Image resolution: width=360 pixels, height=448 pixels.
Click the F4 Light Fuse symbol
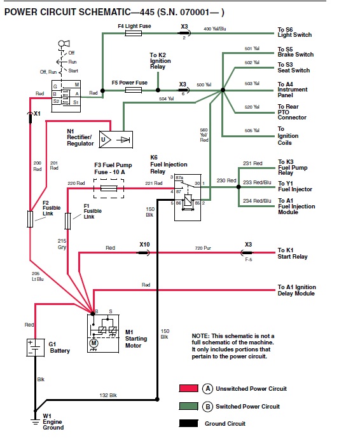pos(134,33)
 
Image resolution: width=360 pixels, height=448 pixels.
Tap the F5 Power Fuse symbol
pos(134,90)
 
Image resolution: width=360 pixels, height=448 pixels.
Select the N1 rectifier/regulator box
pos(116,139)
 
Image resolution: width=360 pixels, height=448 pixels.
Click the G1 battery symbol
pos(36,348)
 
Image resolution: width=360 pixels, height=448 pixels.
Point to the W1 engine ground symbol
pos(35,421)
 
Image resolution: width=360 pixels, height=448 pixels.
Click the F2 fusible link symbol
pos(30,219)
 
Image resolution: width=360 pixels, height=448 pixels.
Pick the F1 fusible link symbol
pos(68,221)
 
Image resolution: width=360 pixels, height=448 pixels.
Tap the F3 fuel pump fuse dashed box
pos(109,189)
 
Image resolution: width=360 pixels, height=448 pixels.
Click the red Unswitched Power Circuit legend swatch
pos(188,388)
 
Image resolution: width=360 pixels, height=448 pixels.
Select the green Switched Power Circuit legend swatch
pos(188,406)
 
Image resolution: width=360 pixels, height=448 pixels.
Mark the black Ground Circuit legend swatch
pos(188,423)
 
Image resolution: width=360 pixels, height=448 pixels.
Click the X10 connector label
pos(144,245)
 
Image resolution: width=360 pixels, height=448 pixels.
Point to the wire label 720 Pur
pos(203,248)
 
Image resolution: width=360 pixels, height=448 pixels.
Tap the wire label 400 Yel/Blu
pos(215,29)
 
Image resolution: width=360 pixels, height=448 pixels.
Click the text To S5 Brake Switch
pos(295,51)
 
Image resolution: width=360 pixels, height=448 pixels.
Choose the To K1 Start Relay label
pos(292,254)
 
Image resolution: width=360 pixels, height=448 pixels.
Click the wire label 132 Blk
pos(108,395)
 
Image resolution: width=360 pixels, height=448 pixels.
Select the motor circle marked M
pos(93,343)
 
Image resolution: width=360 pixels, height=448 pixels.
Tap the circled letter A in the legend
pos(207,388)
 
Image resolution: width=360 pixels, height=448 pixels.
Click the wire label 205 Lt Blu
pos(38,276)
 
